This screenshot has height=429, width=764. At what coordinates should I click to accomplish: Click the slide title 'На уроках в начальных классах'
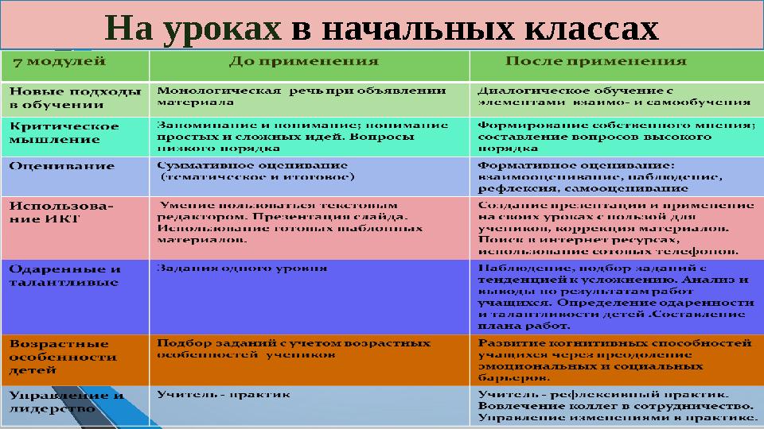pyautogui.click(x=382, y=29)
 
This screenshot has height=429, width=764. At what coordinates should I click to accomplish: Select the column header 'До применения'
pyautogui.click(x=304, y=60)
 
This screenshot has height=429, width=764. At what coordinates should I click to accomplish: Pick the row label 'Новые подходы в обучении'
pyautogui.click(x=68, y=97)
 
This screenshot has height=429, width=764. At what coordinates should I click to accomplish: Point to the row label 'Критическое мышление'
pyautogui.click(x=64, y=132)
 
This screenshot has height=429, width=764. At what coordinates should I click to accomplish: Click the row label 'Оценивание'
pyautogui.click(x=62, y=166)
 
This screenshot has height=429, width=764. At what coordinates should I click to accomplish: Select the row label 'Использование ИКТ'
pyautogui.click(x=60, y=211)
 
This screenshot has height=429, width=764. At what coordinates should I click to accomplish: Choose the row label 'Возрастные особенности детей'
pyautogui.click(x=62, y=356)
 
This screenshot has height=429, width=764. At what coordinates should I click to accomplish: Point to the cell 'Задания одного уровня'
pyautogui.click(x=242, y=269)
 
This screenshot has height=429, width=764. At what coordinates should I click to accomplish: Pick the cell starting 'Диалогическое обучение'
pyautogui.click(x=613, y=96)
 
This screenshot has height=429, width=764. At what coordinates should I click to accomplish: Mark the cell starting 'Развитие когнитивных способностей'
pyautogui.click(x=614, y=361)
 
